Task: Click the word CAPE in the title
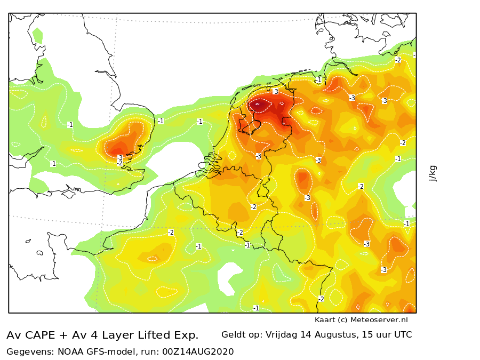pyautogui.click(x=40, y=335)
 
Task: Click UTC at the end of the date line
pyautogui.click(x=403, y=334)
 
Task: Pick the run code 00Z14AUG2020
pyautogui.click(x=198, y=352)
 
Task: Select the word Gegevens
pyautogui.click(x=30, y=352)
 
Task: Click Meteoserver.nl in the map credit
pyautogui.click(x=379, y=320)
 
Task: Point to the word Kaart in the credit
pyautogui.click(x=325, y=320)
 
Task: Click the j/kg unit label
pyautogui.click(x=433, y=173)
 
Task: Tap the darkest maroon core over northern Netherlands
pyautogui.click(x=259, y=105)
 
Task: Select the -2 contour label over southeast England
pyautogui.click(x=120, y=164)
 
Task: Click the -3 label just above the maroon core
pyautogui.click(x=275, y=91)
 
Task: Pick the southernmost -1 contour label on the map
pyautogui.click(x=256, y=308)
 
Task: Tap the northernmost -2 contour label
pyautogui.click(x=398, y=60)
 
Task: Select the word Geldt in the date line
pyautogui.click(x=232, y=334)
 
